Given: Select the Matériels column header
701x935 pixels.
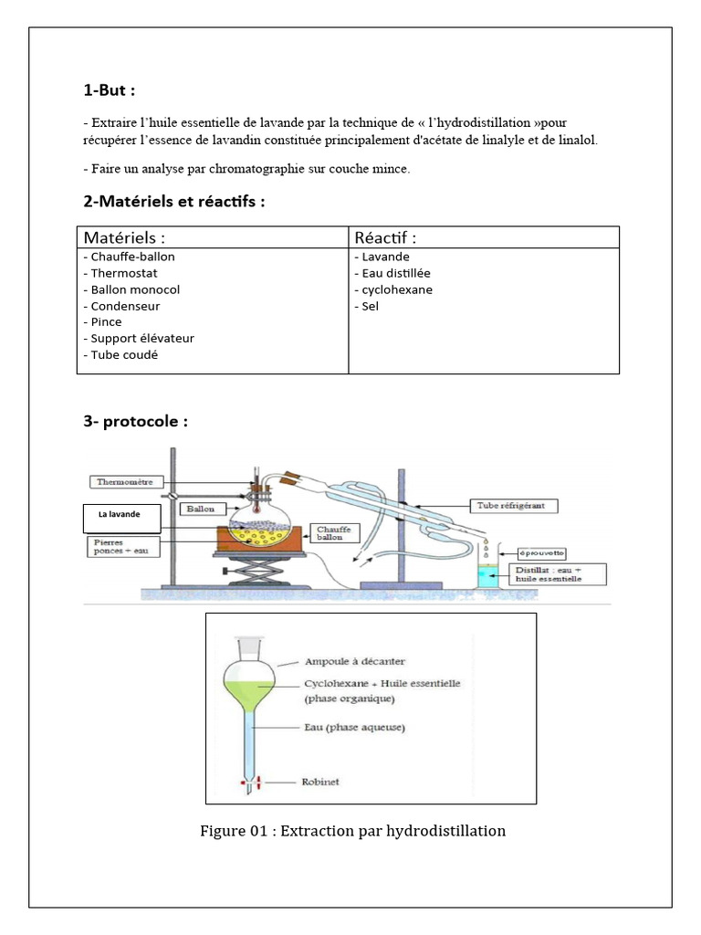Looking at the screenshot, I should click(124, 237).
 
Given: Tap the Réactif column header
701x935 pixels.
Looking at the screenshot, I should click(385, 237).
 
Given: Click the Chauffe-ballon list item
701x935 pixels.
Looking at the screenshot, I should click(131, 257).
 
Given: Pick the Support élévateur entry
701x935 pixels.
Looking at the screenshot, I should click(141, 338).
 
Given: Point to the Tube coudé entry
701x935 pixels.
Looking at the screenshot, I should click(123, 354).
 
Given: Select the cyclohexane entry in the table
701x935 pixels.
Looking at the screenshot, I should click(396, 289).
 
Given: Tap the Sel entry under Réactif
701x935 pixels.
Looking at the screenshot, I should click(370, 306).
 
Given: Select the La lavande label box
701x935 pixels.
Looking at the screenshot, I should click(122, 518).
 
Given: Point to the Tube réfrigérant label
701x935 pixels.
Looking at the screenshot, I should click(515, 505).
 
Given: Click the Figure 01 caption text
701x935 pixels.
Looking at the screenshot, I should click(352, 831).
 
